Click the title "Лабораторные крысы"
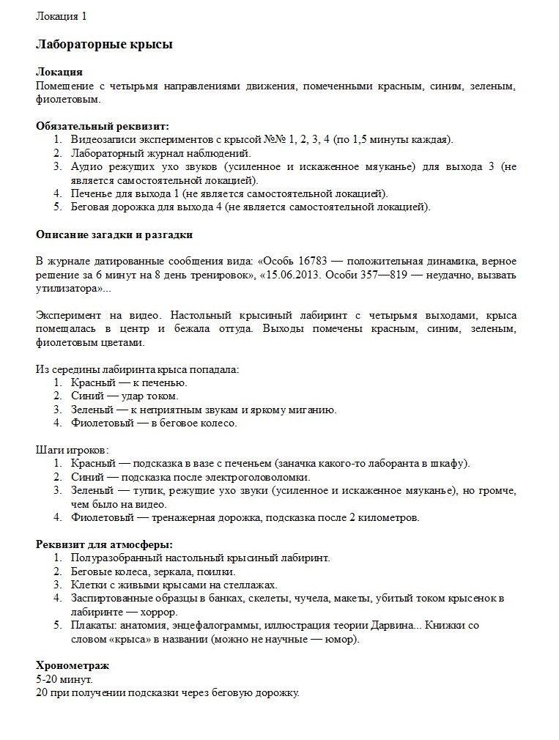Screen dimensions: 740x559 [105, 45]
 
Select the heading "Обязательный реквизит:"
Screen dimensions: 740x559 [102, 126]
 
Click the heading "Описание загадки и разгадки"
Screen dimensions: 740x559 [114, 234]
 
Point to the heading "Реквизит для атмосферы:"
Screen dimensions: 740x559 [104, 544]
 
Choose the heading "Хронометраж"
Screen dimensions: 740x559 [73, 666]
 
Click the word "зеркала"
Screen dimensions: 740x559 [175, 571]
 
